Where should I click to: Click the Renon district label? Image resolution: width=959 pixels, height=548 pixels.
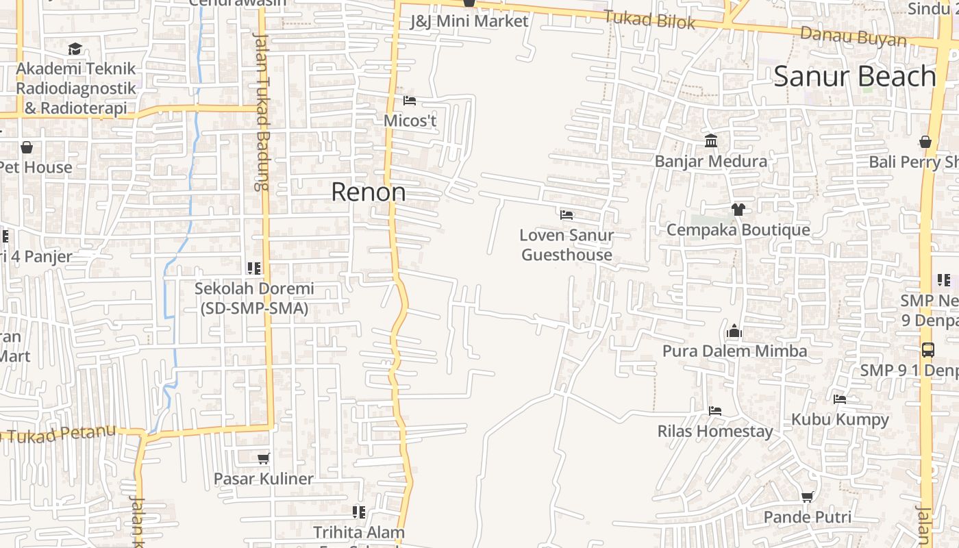pos(368,192)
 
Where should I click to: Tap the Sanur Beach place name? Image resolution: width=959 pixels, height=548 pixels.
pos(854,76)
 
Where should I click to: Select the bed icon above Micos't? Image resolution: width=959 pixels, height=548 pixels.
pos(410,101)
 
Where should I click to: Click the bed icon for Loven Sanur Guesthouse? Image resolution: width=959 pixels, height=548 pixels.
pos(566,215)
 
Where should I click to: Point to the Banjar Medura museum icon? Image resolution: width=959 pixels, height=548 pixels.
pos(711,141)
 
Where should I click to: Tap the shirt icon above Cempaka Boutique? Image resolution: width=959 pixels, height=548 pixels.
pos(738,210)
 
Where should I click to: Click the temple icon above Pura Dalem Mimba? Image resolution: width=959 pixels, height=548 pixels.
pos(734,332)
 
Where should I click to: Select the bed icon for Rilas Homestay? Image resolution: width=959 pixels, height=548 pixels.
pos(715,411)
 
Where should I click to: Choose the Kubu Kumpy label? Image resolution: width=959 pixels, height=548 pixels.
pos(840,419)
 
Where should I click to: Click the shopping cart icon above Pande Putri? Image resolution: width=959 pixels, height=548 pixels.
pos(808,497)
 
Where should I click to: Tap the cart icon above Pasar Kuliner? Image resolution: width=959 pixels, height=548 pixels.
pos(263,458)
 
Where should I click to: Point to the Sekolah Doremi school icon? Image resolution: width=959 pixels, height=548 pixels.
pos(254,269)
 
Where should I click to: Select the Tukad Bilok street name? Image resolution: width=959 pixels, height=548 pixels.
pos(649,20)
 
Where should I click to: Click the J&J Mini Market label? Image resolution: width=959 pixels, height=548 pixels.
pos(469,21)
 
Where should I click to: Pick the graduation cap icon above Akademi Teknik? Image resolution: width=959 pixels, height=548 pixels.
pos(75,49)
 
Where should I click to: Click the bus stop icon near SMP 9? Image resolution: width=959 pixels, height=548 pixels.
pos(927,349)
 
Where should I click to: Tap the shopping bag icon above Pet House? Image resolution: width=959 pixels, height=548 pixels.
pos(27,147)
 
